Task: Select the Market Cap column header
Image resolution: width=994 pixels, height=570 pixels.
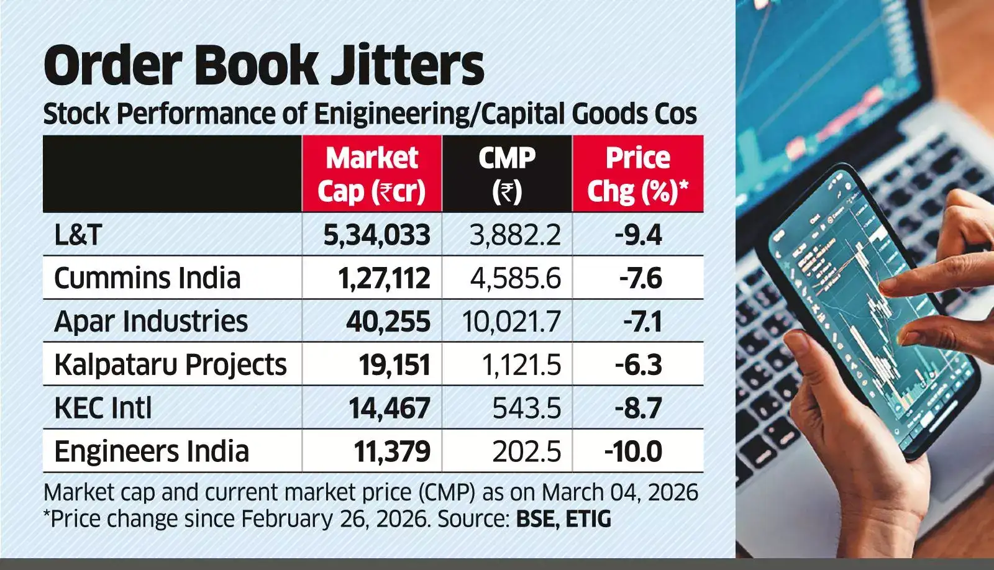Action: point(372,174)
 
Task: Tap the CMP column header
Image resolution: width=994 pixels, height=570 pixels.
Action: point(506,174)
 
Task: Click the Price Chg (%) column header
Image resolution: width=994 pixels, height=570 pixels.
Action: point(637,174)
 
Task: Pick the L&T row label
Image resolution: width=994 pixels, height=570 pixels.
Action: point(78,235)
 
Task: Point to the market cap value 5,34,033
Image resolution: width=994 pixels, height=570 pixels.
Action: point(376,235)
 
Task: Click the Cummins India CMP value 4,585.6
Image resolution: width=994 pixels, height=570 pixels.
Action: point(515,278)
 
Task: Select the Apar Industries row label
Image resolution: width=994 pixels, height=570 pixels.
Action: point(151,322)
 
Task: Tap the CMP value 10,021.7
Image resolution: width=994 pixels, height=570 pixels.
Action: point(511,322)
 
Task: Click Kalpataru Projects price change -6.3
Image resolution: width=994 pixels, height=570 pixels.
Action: point(638,364)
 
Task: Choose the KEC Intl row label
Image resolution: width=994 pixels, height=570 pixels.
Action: point(103,408)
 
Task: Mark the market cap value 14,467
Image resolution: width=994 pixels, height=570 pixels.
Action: point(389,408)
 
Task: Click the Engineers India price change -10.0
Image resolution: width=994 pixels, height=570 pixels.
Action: point(633,451)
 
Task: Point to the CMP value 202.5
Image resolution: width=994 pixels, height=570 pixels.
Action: point(526,451)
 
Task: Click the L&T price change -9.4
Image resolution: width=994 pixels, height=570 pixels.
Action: point(638,235)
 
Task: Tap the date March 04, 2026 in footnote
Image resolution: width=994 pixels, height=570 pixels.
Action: point(619,492)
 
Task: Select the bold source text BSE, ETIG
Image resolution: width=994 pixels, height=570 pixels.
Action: point(563,518)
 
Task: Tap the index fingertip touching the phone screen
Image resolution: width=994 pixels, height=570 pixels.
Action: point(887,285)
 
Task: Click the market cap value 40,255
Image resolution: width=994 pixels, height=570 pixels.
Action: point(388,322)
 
